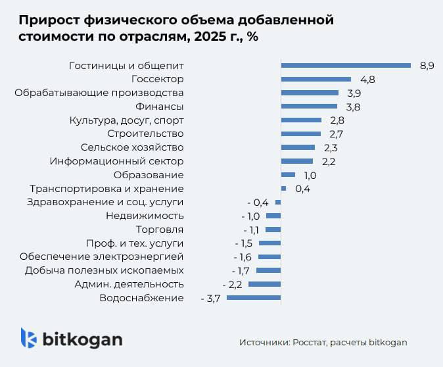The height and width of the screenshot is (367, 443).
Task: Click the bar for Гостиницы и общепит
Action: coord(346,65)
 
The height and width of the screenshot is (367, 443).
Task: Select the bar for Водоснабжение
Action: coord(254,298)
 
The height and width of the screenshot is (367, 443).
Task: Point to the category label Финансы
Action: coord(159,106)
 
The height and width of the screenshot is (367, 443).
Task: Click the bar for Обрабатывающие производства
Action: coord(310,93)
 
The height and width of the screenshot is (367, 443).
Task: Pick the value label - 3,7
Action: coord(210,298)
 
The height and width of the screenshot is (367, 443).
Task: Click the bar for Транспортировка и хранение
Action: coord(283,188)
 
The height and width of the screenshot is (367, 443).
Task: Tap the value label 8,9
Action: coord(427,65)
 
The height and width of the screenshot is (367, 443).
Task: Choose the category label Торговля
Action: coord(159,230)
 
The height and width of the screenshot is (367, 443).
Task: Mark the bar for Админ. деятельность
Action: coord(264,284)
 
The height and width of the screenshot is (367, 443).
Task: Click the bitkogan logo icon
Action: coord(28,338)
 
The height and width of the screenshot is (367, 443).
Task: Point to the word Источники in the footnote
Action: coord(262,342)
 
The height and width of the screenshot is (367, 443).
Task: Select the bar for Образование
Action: coord(288,175)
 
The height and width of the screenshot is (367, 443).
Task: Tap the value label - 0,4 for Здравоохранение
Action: coord(258,202)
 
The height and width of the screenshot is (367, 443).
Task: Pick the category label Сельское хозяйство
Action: coord(131,147)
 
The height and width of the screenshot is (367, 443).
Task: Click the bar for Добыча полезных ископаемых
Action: coord(268,270)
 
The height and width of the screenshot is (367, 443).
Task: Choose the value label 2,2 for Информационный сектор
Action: coord(329,161)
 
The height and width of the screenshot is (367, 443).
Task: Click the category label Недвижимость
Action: coord(144,216)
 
